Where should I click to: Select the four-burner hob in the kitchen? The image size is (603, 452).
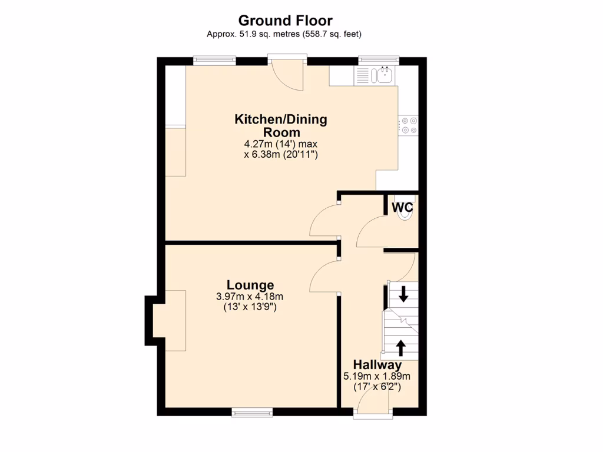tap(408, 126)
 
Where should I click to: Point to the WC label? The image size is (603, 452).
tap(402, 207)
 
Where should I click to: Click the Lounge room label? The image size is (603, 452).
tap(250, 285)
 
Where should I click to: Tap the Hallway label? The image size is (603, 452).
tap(377, 364)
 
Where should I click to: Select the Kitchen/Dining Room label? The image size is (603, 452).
tap(280, 126)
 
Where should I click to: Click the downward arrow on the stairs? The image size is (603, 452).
tap(403, 293)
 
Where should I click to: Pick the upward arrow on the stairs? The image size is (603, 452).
tap(401, 348)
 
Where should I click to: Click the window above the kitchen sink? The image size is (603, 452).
tap(379, 60)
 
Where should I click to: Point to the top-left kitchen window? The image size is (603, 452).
tap(214, 60)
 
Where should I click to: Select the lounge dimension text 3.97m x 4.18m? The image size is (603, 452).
tap(250, 297)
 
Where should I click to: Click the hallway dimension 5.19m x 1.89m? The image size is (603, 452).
tap(377, 376)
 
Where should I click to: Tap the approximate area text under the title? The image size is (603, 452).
tap(284, 34)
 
